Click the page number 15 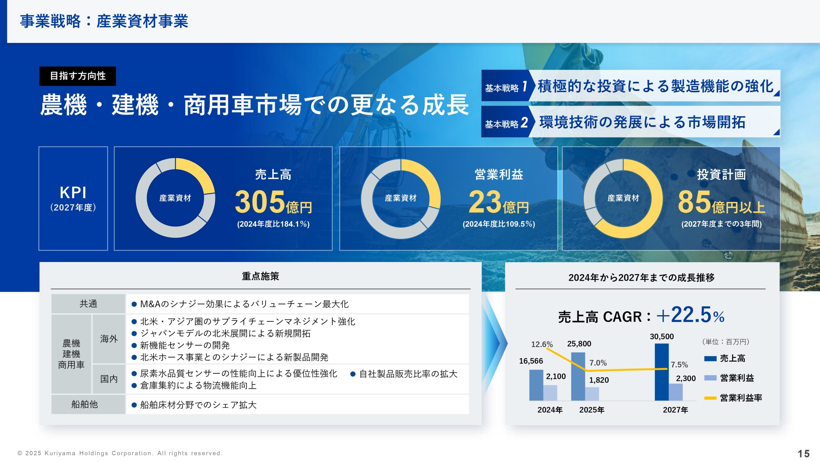(x=803, y=453)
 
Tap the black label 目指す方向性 (x=78, y=76)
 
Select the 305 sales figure (x=260, y=202)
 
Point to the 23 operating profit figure (x=485, y=202)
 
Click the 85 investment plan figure (x=694, y=202)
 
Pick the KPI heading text (x=73, y=193)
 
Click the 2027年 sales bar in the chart (x=661, y=372)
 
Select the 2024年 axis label (x=550, y=410)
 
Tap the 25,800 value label (x=579, y=344)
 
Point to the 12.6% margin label (x=542, y=344)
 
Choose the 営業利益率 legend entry (x=733, y=398)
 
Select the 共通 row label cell (x=88, y=304)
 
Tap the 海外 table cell (x=109, y=339)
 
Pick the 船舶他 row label (x=85, y=404)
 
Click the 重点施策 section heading (x=260, y=276)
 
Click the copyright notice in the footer (x=120, y=453)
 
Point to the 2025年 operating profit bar (x=592, y=394)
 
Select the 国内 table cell (x=109, y=379)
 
